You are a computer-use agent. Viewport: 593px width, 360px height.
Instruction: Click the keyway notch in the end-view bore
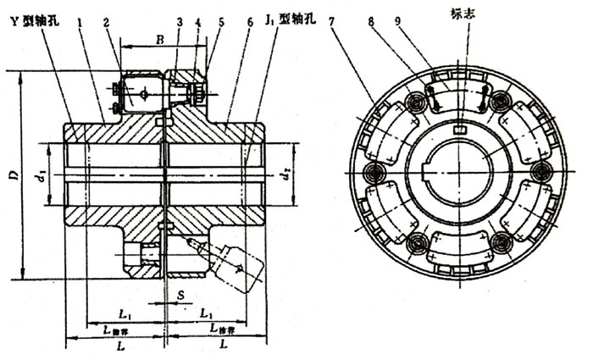pos(458,130)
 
